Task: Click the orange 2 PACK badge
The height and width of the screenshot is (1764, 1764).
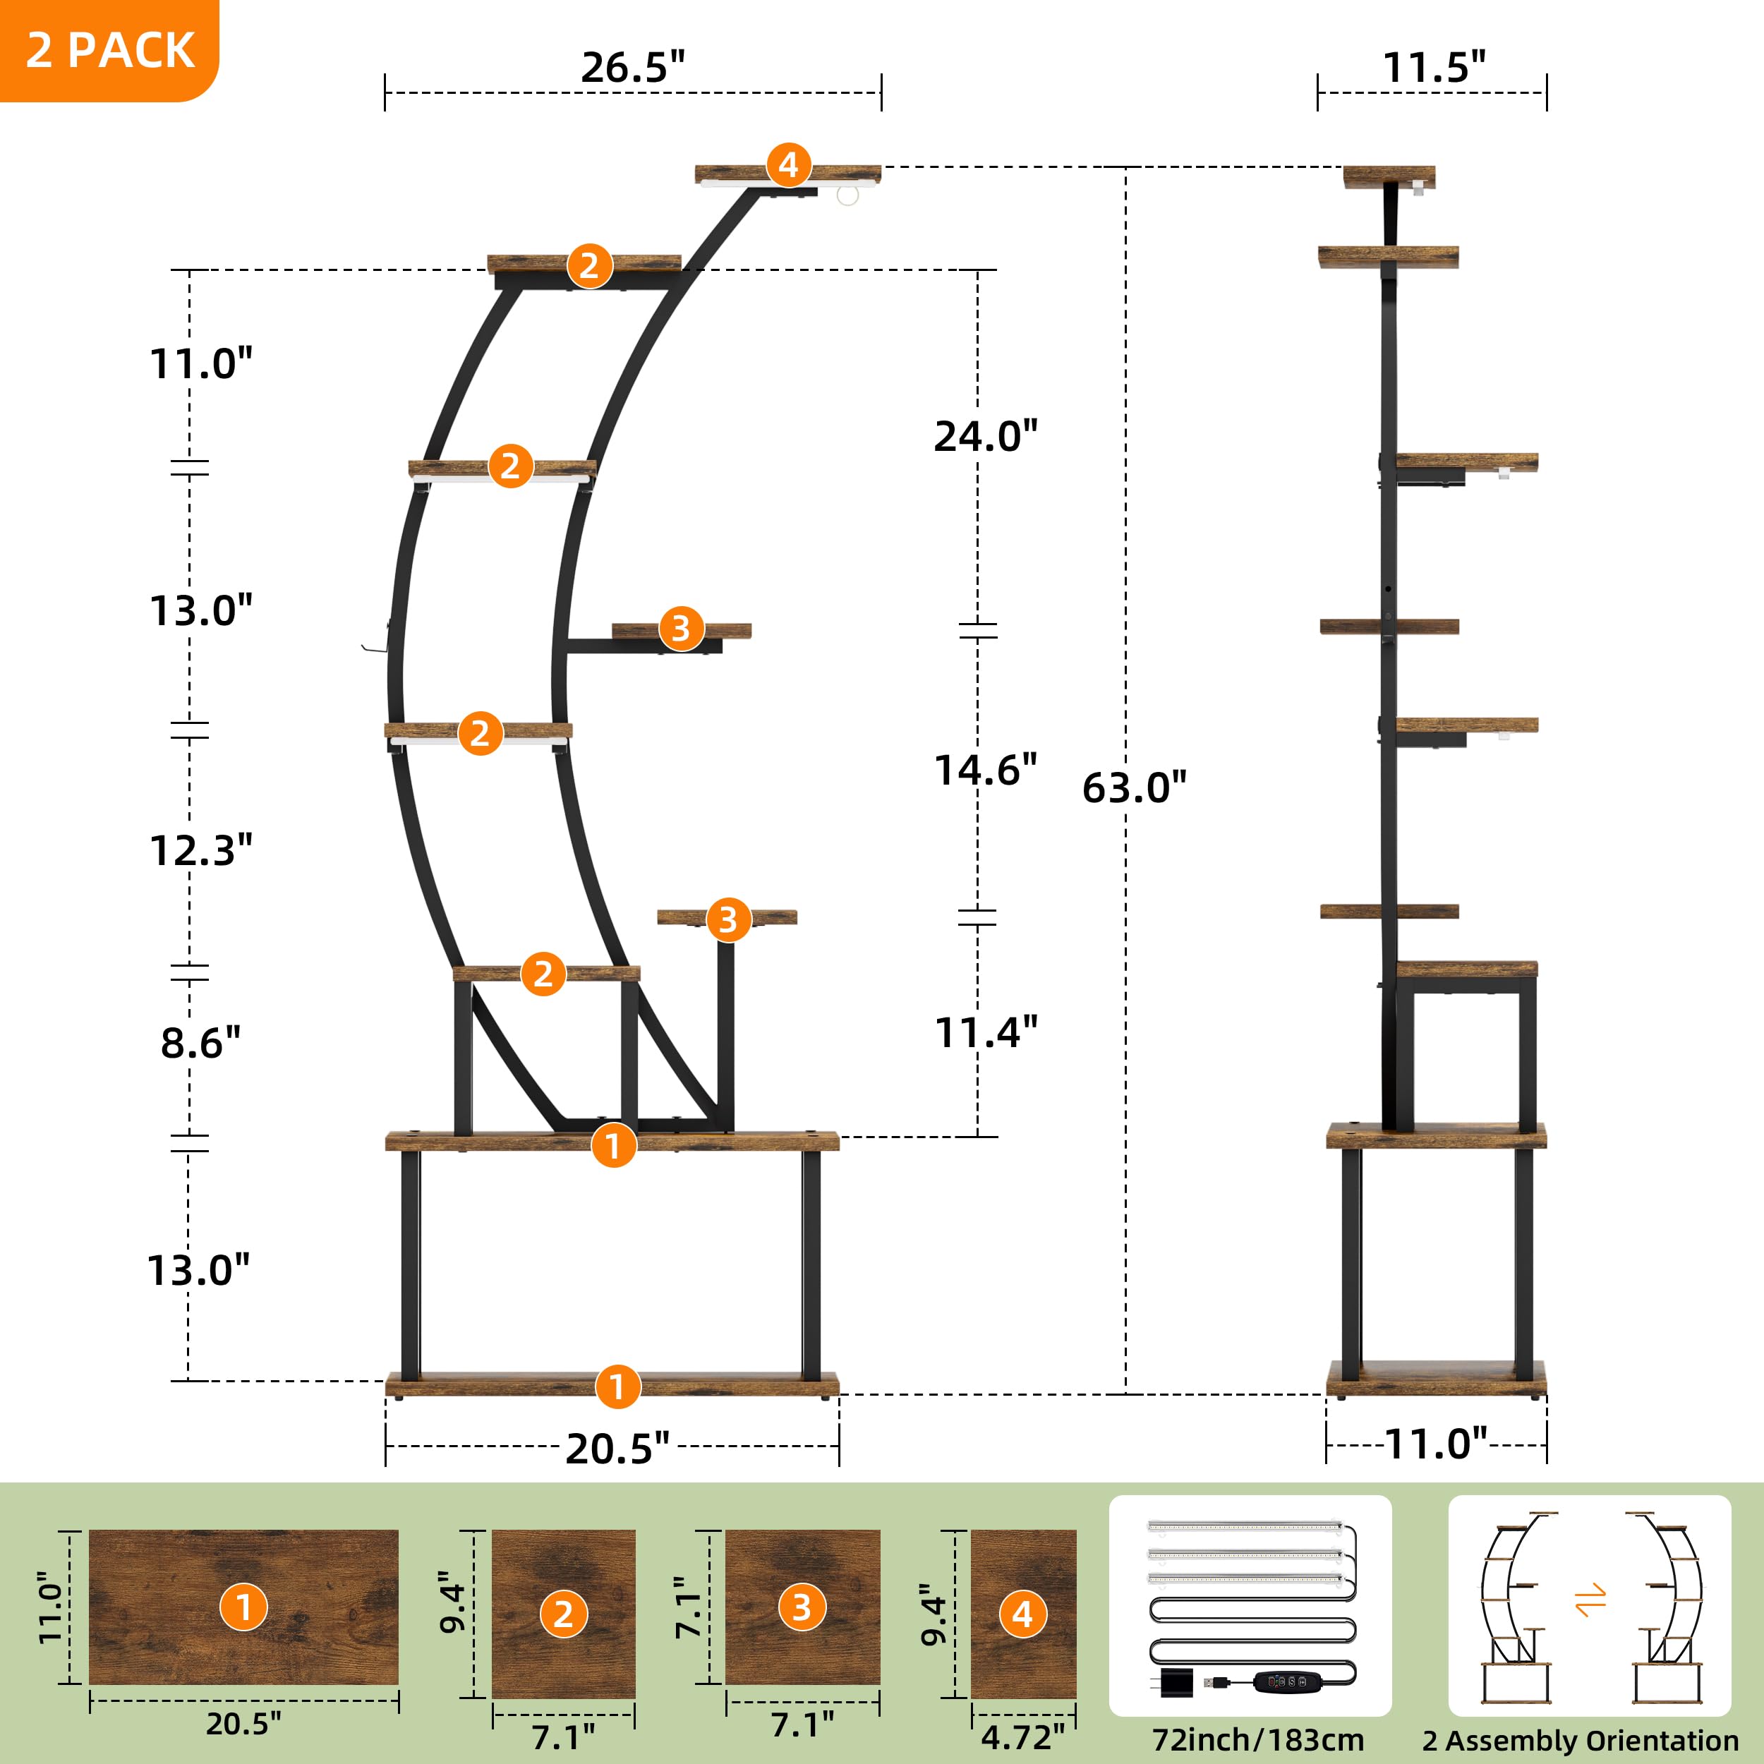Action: pyautogui.click(x=109, y=49)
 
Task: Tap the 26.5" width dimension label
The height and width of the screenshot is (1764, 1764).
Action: pyautogui.click(x=633, y=68)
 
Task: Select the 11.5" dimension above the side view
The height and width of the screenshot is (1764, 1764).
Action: pyautogui.click(x=1434, y=68)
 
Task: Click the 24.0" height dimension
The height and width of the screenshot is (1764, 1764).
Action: pyautogui.click(x=985, y=437)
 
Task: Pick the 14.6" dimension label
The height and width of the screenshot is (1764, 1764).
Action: pyautogui.click(x=985, y=771)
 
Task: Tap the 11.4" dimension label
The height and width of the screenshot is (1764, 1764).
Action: pyautogui.click(x=985, y=1033)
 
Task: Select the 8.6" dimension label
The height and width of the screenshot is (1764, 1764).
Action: pyautogui.click(x=200, y=1043)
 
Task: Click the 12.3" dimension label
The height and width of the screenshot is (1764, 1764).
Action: pyautogui.click(x=200, y=851)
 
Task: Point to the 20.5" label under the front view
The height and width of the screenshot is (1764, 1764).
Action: pyautogui.click(x=617, y=1449)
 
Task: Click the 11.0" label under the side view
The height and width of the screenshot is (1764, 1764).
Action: pyautogui.click(x=1436, y=1444)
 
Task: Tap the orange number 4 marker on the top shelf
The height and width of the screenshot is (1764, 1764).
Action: pyautogui.click(x=789, y=165)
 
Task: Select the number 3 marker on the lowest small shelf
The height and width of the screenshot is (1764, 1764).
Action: pyautogui.click(x=727, y=919)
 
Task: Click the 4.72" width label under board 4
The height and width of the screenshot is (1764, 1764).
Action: pyautogui.click(x=1022, y=1736)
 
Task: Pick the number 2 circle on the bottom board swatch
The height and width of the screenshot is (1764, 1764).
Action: pyautogui.click(x=563, y=1614)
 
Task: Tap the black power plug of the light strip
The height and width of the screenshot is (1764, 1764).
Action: pyautogui.click(x=1177, y=1683)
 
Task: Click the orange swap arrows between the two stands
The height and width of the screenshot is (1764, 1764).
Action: pyautogui.click(x=1590, y=1600)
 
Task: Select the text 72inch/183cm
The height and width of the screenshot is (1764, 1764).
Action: pyautogui.click(x=1257, y=1739)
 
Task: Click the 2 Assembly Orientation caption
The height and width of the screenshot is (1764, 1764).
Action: pyautogui.click(x=1581, y=1740)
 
